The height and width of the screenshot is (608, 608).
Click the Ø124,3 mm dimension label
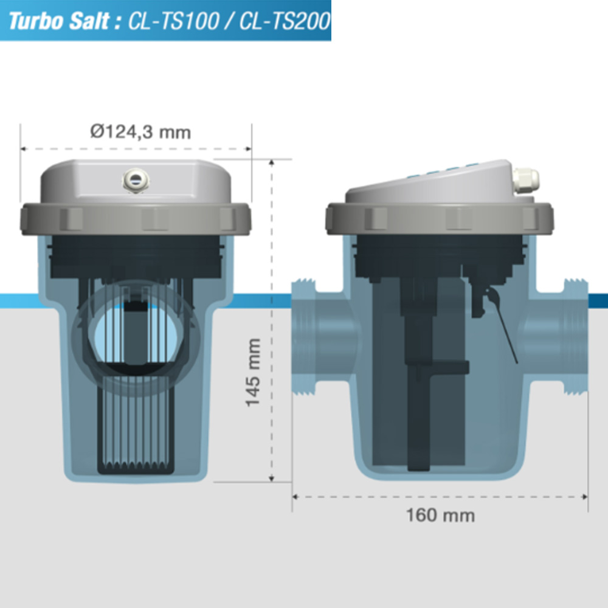tap(140, 131)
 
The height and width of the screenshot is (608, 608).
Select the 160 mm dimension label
tap(440, 516)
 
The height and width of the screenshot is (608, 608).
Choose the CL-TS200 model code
tap(285, 21)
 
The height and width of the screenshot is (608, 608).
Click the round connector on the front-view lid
tap(135, 179)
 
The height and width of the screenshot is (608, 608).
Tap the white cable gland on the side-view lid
tap(525, 180)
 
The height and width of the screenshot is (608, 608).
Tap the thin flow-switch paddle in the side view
tap(506, 331)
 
